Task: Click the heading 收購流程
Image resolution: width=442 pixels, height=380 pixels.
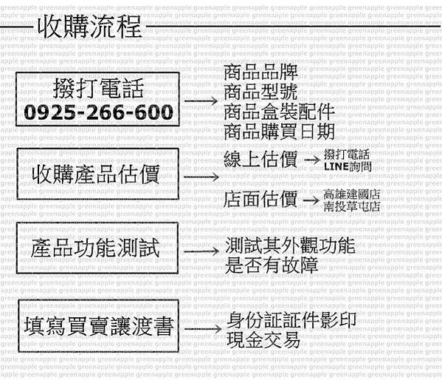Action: coord(89,27)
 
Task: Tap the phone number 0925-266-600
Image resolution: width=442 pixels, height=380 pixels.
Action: coord(98,112)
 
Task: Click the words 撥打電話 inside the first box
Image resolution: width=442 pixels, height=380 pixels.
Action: coord(98,88)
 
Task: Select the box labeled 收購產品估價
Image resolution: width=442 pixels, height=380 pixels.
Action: coord(98,174)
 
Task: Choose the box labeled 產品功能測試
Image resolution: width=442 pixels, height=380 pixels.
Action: coord(97,248)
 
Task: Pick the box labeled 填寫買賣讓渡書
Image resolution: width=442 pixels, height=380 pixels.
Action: coord(98,326)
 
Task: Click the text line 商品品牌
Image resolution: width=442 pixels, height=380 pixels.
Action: coord(260,72)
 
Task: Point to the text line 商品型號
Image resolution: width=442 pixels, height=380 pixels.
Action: coord(260,92)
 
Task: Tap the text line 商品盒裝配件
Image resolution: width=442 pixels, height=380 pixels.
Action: coord(279,112)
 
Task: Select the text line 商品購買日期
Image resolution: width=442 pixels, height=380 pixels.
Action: coord(279,131)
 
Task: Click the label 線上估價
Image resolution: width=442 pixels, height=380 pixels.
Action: coord(260,160)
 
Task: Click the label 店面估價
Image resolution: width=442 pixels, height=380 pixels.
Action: coord(260,199)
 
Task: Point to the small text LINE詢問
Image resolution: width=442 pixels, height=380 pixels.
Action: coord(348,166)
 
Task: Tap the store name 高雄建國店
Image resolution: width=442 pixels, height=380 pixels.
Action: coord(351,194)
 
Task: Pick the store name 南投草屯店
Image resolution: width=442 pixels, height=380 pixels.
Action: coord(351,206)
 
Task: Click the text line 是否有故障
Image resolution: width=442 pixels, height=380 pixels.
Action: coord(272,265)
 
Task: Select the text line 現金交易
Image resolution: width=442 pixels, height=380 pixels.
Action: coord(263,340)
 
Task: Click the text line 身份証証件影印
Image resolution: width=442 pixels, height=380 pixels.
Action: coord(291,320)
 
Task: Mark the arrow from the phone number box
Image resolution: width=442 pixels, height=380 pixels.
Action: coord(201,101)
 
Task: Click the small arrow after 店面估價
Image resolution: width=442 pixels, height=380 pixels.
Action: coord(311,200)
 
